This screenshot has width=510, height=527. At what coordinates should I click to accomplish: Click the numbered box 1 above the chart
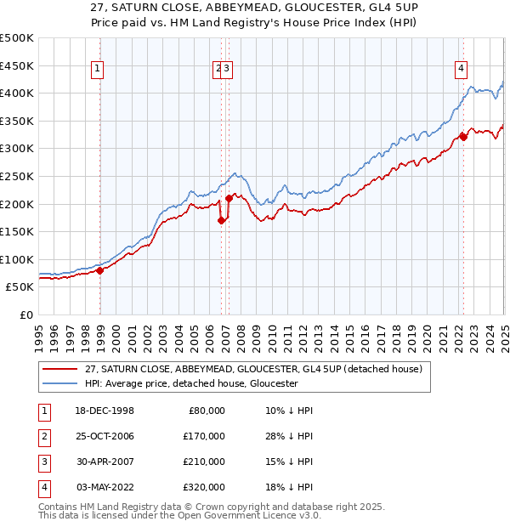(98, 70)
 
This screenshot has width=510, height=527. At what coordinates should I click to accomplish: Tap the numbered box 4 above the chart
(460, 70)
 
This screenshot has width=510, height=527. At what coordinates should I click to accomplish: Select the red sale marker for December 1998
(99, 270)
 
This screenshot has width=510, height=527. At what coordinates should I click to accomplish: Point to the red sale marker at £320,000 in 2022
(463, 136)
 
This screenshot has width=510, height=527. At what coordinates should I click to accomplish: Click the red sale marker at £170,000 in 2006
(221, 220)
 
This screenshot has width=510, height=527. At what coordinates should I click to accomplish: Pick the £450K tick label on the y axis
(17, 65)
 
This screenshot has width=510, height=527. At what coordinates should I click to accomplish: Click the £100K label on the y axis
(17, 259)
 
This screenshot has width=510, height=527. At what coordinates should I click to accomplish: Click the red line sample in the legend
(59, 369)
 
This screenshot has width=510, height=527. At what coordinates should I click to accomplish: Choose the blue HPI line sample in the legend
(59, 383)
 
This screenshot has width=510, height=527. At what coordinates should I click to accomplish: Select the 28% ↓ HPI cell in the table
(289, 436)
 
